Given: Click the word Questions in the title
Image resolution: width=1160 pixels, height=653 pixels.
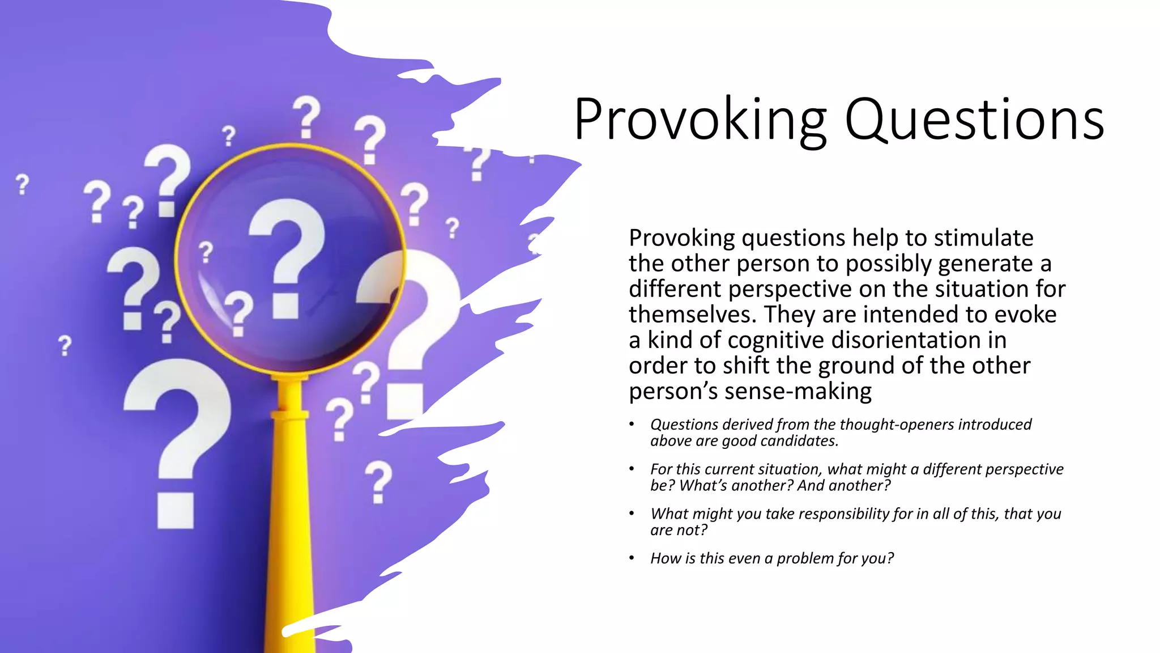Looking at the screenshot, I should click(974, 120).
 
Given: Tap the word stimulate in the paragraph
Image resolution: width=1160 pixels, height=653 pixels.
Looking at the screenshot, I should click(984, 238).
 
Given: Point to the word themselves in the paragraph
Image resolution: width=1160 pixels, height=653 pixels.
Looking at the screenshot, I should click(692, 315).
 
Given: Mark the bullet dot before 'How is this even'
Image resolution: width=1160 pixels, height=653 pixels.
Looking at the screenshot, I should click(632, 558).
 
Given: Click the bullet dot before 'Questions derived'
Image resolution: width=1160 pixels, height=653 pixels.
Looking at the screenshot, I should click(632, 424).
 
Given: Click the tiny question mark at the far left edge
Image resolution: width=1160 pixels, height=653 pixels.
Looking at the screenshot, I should click(22, 184).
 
